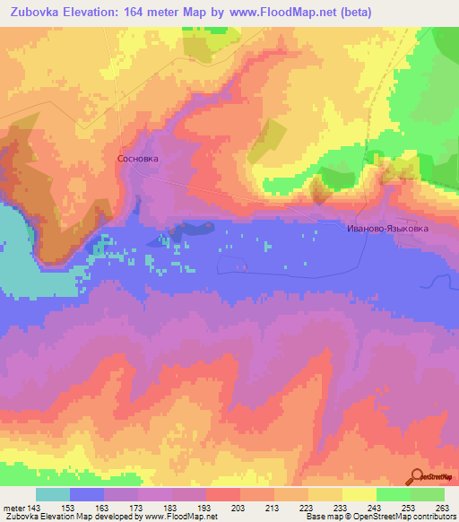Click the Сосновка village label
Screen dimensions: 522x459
point(137,158)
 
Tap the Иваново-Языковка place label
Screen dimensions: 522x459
point(387,229)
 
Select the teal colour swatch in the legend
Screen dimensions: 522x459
point(53,494)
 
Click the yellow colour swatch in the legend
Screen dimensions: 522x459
point(359,494)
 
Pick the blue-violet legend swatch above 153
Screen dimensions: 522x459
point(87,494)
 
